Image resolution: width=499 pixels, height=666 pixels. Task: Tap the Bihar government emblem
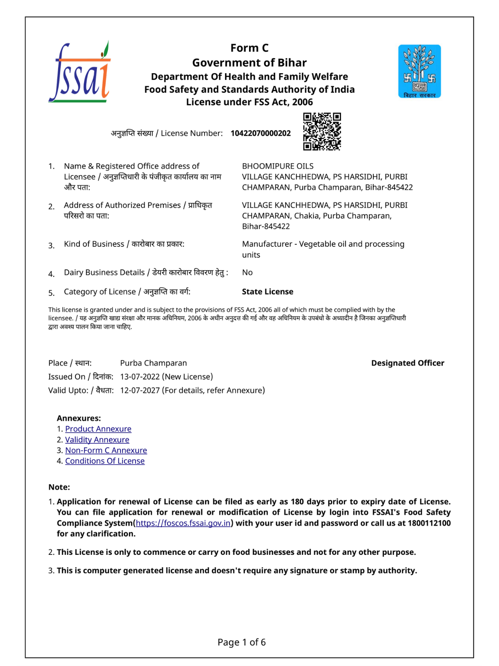tap(419, 71)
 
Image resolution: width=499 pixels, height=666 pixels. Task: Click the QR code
tap(322, 132)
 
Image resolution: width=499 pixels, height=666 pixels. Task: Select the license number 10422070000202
tap(261, 133)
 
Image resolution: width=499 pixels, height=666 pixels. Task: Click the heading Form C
tap(249, 48)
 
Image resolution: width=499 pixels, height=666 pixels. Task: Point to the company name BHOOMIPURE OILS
tap(278, 166)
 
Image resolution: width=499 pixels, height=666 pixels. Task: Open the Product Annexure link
tap(98, 429)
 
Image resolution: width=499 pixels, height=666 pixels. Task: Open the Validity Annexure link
tap(97, 440)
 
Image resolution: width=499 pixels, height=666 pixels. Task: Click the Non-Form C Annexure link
tap(106, 450)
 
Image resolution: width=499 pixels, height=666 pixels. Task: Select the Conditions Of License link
tap(105, 461)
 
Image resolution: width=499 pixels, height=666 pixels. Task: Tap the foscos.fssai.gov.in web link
tap(183, 523)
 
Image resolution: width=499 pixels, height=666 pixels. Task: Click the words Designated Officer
tap(408, 363)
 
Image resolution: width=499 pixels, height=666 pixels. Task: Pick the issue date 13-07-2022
tap(140, 377)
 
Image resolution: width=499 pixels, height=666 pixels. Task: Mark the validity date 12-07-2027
tap(140, 390)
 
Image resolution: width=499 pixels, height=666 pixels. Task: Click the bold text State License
tap(267, 292)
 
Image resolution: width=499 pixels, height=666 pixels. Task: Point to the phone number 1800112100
tap(429, 523)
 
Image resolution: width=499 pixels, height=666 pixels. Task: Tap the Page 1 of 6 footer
tap(242, 642)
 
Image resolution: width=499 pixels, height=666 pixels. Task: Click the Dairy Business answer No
tap(247, 273)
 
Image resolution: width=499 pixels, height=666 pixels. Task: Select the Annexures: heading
tap(79, 418)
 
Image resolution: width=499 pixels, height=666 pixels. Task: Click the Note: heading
tap(59, 487)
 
